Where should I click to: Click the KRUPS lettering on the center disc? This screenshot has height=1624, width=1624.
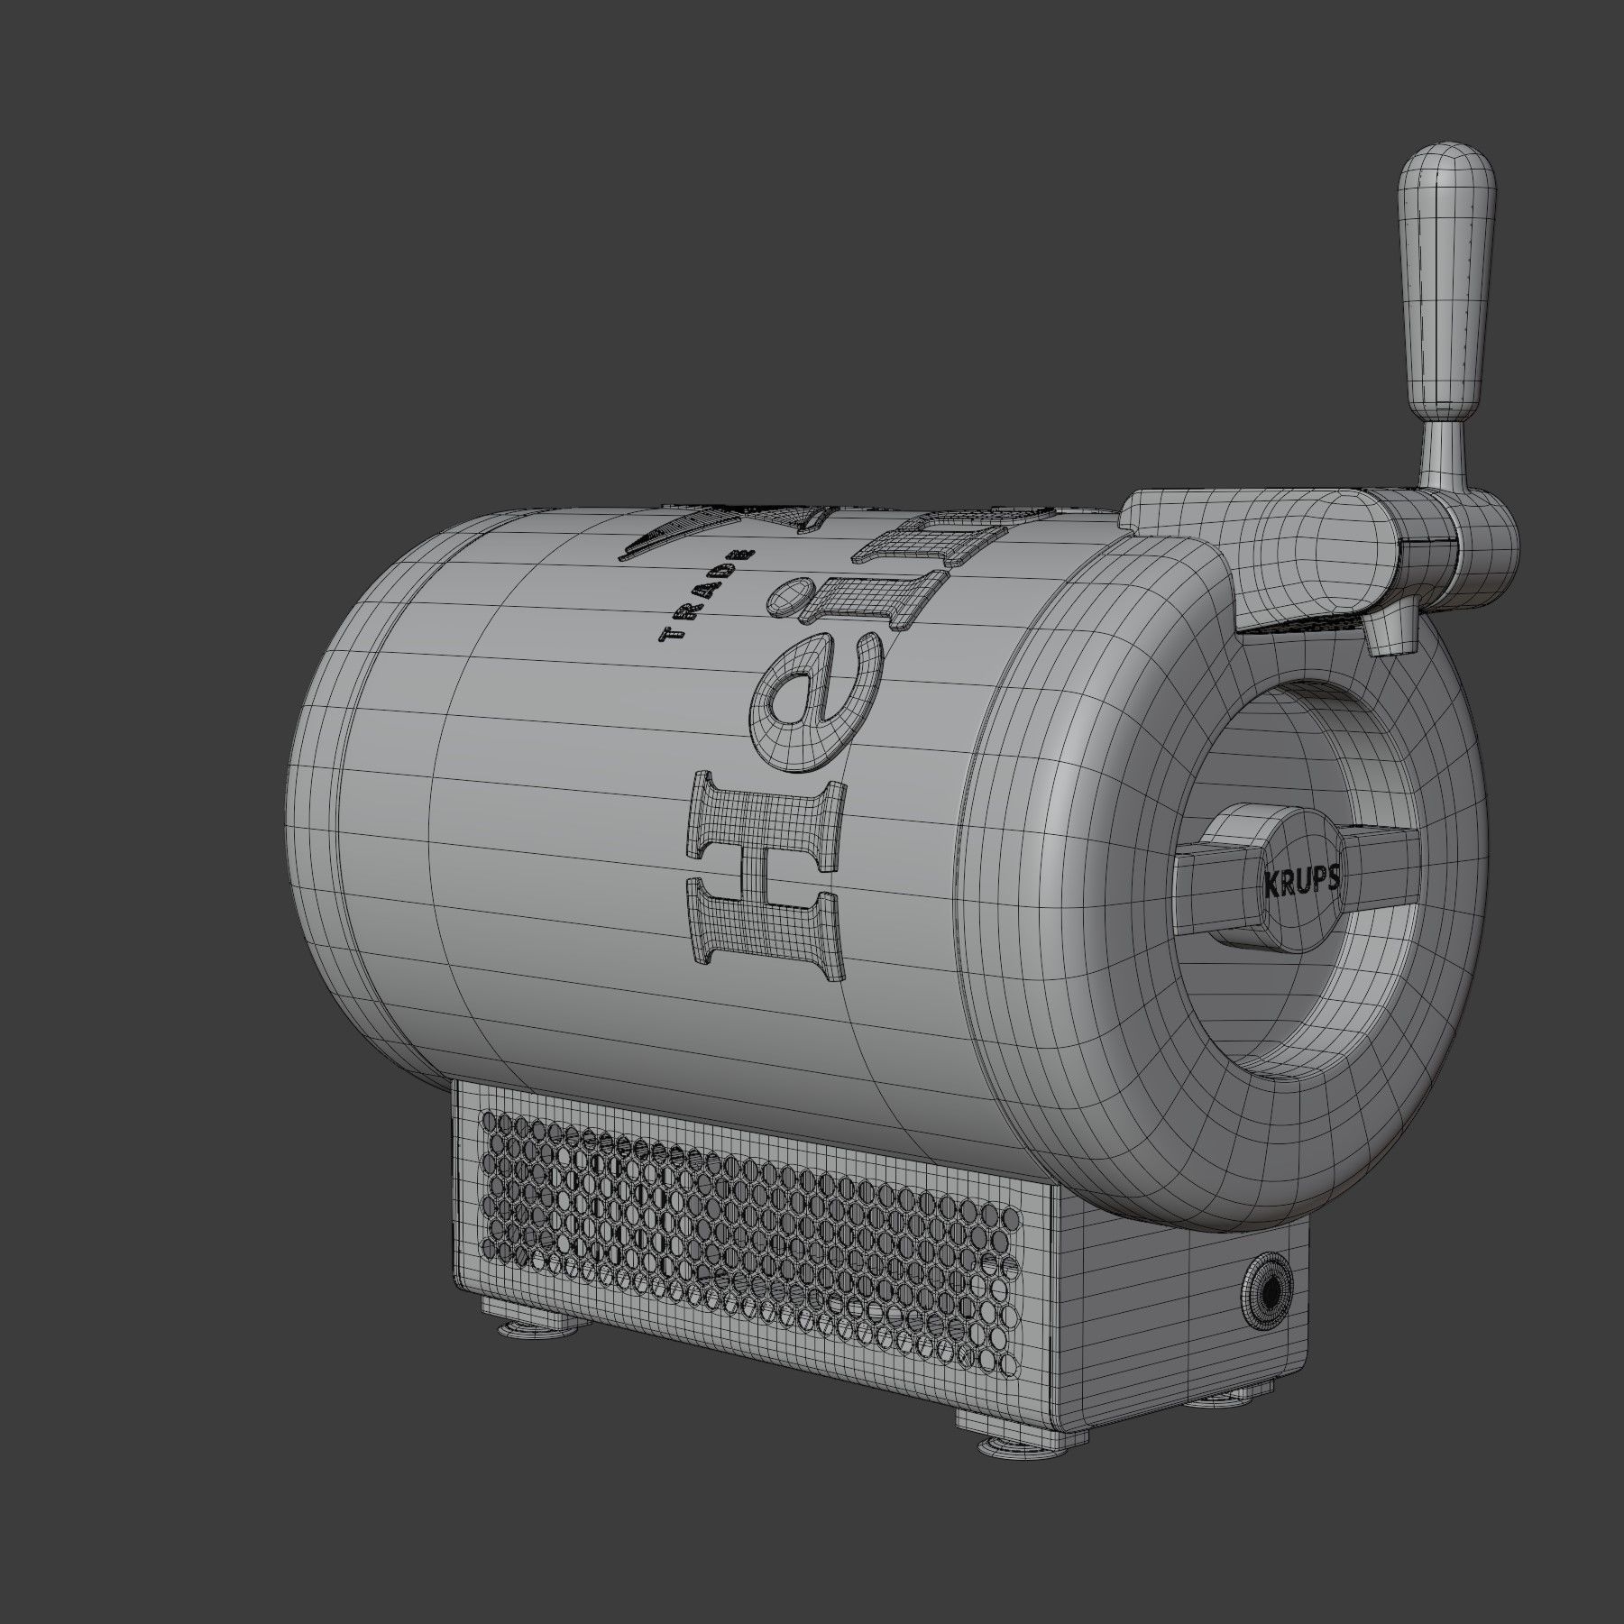1298,883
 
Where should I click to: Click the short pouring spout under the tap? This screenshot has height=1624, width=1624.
1387,631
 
